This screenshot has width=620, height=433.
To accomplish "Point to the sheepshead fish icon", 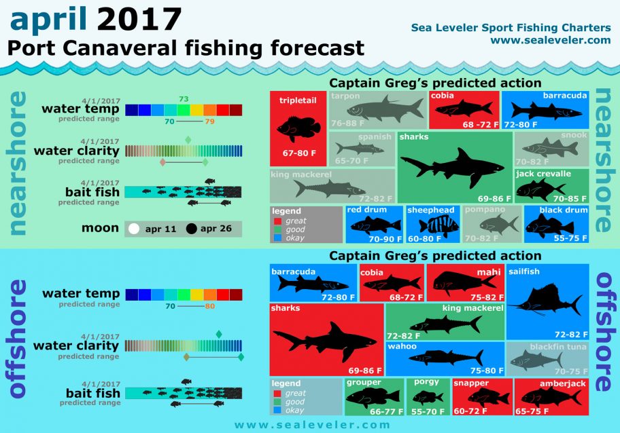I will click(x=434, y=227).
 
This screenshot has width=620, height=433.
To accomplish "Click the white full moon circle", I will click(x=134, y=229).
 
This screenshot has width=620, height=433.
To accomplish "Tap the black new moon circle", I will click(x=192, y=229).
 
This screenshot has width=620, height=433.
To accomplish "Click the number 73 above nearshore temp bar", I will click(x=184, y=99).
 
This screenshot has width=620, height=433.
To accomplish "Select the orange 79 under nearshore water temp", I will click(x=209, y=121).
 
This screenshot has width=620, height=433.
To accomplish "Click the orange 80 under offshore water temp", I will click(x=209, y=306).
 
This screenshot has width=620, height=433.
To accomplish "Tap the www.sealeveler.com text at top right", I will click(x=550, y=40).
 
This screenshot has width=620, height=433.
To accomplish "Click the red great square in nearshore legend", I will click(x=277, y=221).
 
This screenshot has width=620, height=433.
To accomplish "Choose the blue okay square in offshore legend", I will click(x=277, y=410).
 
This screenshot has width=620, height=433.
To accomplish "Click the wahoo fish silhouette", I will click(x=446, y=357).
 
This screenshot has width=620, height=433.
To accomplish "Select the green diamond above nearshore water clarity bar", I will click(x=188, y=140).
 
